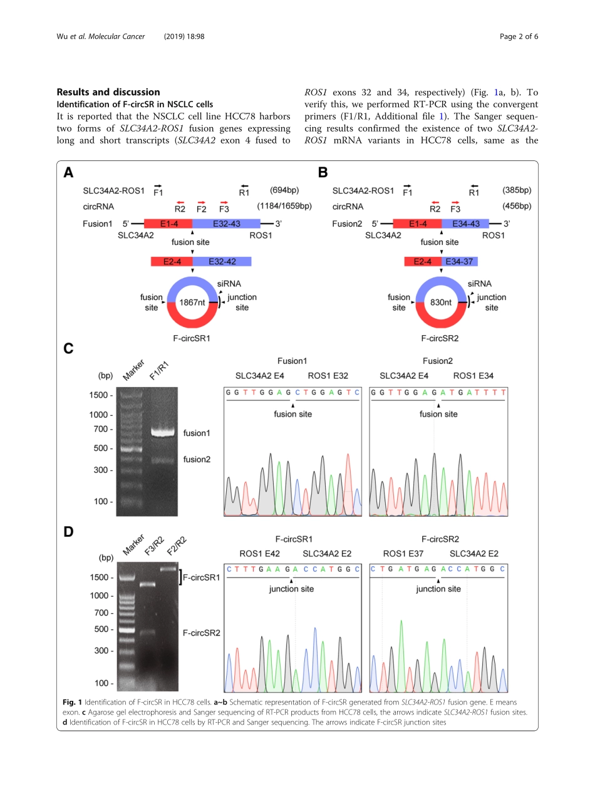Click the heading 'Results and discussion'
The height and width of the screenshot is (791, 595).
(x=108, y=92)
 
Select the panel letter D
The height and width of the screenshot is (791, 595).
(x=68, y=532)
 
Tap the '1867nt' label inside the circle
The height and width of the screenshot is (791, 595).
(x=192, y=302)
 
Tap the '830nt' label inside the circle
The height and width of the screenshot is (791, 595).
(x=441, y=302)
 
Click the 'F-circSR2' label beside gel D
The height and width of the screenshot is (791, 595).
(x=202, y=633)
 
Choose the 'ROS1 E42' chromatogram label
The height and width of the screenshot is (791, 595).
(x=260, y=554)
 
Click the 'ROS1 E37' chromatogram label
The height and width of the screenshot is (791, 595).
(x=403, y=554)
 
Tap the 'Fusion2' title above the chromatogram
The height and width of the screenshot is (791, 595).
(x=437, y=361)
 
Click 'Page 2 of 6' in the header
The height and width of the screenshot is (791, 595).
(x=519, y=36)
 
